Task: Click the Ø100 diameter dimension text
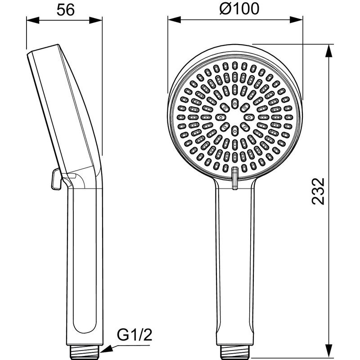(x=235, y=9)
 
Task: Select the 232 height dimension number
(x=318, y=191)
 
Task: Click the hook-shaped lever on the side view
(x=56, y=180)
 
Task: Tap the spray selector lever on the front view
(x=234, y=178)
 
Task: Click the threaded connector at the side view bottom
(x=86, y=349)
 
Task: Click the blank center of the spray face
(x=234, y=117)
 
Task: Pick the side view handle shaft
(x=85, y=261)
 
